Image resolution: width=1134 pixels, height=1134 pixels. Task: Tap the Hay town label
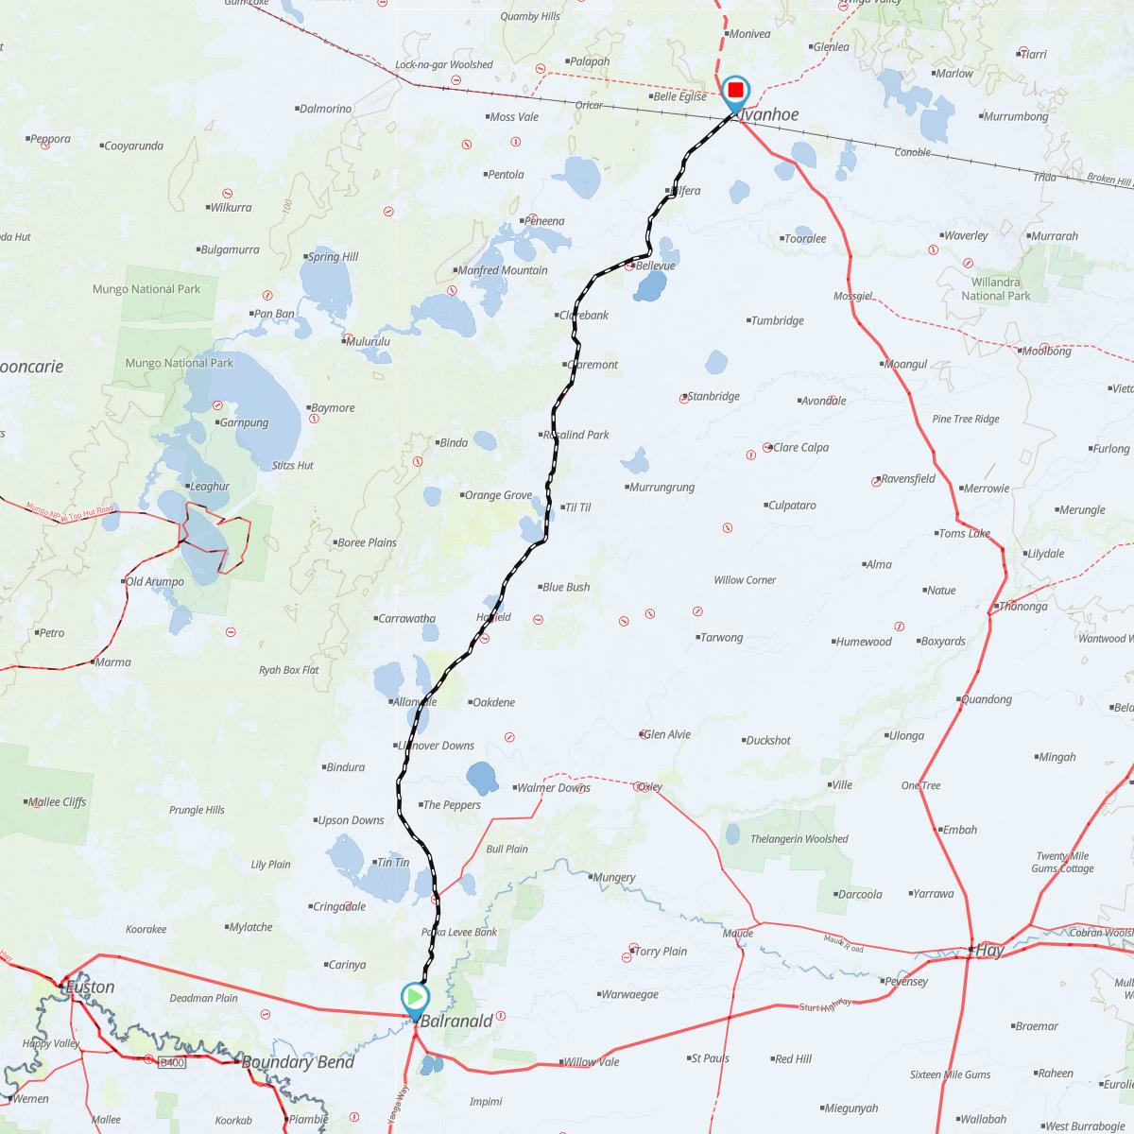(x=988, y=951)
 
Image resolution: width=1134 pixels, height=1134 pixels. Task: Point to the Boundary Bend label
(x=298, y=1062)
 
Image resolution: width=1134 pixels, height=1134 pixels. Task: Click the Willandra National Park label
(x=996, y=288)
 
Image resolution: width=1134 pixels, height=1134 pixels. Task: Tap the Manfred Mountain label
(x=503, y=270)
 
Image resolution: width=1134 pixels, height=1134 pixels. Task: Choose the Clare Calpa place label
(x=800, y=447)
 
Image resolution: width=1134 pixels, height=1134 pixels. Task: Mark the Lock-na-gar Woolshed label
(x=443, y=64)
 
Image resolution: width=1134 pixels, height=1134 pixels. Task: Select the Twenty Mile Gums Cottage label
(x=1062, y=862)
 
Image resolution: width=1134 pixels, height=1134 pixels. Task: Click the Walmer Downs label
(x=553, y=787)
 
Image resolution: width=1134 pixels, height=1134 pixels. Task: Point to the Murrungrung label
(x=661, y=488)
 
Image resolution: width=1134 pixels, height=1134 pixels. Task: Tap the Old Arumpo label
(x=155, y=581)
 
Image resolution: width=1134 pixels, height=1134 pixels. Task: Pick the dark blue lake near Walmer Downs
(x=483, y=777)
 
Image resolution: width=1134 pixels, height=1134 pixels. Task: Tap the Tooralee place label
(x=805, y=239)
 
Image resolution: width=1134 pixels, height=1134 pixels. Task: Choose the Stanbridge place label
(x=713, y=396)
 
